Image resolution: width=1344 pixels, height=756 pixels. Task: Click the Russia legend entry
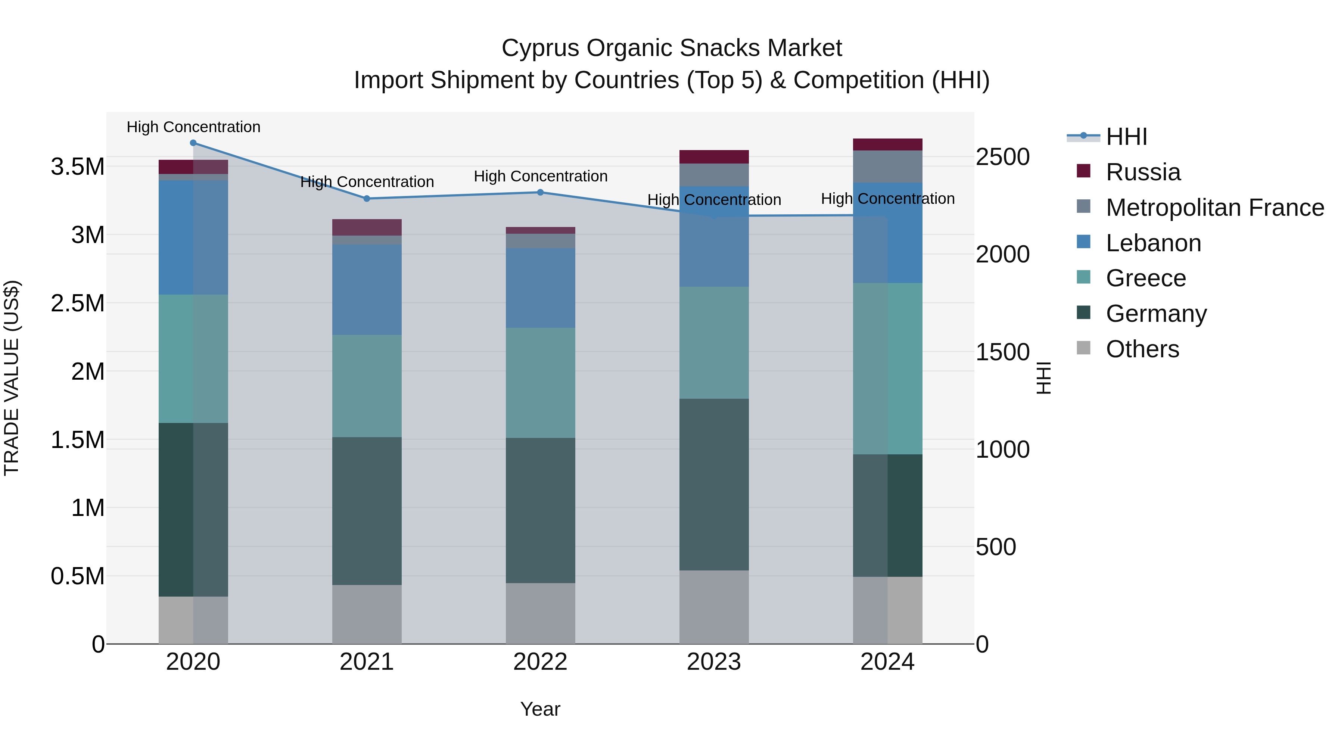pyautogui.click(x=1143, y=172)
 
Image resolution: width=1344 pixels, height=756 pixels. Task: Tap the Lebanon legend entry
pyautogui.click(x=1153, y=243)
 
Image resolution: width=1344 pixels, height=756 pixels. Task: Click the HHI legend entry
pyautogui.click(x=1126, y=137)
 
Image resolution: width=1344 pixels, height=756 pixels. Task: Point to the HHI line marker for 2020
pyautogui.click(x=193, y=143)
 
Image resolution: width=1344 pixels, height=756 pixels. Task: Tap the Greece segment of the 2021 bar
pyautogui.click(x=367, y=386)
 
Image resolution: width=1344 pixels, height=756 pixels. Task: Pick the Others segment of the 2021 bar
pyautogui.click(x=367, y=614)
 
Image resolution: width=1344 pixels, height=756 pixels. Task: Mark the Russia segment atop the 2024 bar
pyautogui.click(x=887, y=144)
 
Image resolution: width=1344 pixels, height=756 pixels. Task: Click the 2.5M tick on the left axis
pyautogui.click(x=77, y=304)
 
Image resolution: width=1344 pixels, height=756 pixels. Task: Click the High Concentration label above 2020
pyautogui.click(x=193, y=127)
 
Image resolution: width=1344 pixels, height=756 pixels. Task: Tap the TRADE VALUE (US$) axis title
pyautogui.click(x=12, y=378)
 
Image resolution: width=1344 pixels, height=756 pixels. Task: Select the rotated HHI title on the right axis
pyautogui.click(x=1043, y=378)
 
